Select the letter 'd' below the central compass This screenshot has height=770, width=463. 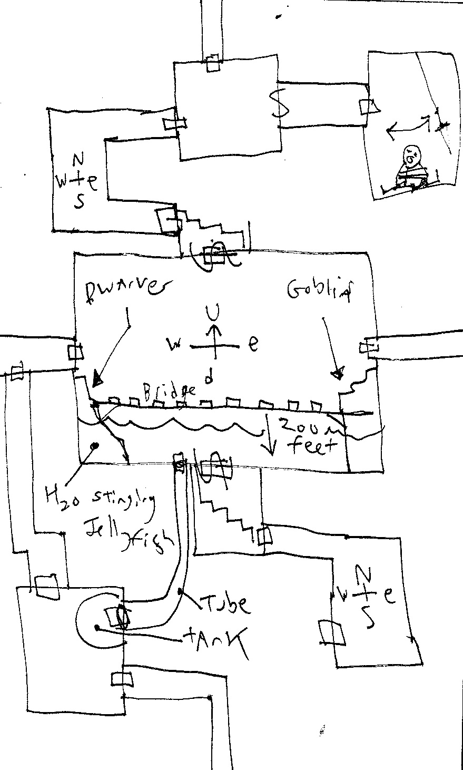[x=209, y=378]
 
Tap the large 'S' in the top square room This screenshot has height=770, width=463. [x=279, y=104]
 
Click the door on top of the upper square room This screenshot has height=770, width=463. [x=213, y=63]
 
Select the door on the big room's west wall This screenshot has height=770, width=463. [x=74, y=352]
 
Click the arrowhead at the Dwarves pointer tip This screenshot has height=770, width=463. [x=96, y=378]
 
